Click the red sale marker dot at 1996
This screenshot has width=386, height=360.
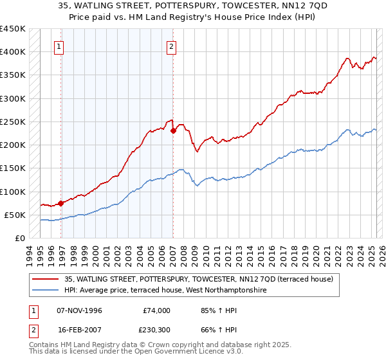pos(61,203)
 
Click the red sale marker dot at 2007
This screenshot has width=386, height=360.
pos(173,130)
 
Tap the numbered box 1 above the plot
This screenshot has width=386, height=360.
pos(59,46)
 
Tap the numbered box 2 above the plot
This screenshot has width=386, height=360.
pos(172,46)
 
